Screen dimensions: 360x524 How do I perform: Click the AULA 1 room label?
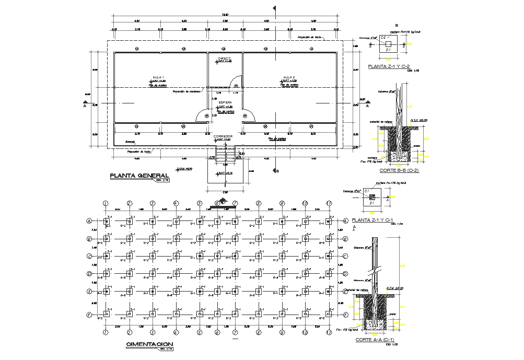158,77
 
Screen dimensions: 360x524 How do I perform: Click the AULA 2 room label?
289,77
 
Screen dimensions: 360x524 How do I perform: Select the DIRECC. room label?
225,58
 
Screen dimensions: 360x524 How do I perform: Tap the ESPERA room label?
225,102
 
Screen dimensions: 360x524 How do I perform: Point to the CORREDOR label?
223,136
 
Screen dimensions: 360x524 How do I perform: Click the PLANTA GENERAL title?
138,176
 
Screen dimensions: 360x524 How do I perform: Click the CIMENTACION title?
149,344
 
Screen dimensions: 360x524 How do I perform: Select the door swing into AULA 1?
202,115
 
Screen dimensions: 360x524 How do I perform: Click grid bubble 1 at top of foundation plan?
106,203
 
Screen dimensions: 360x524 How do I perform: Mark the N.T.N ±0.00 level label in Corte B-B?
419,120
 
